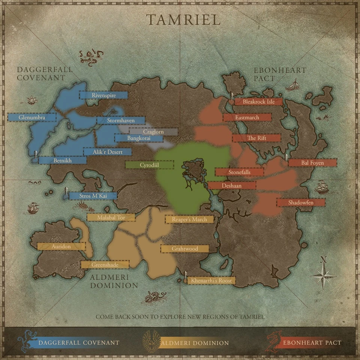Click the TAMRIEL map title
[183, 20]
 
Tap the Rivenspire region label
[103, 95]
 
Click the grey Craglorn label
[153, 132]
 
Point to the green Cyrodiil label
[149, 165]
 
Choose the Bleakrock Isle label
[258, 102]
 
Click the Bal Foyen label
[312, 163]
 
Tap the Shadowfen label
[301, 202]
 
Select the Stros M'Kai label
[93, 196]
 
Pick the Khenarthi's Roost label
[211, 280]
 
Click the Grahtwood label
[184, 249]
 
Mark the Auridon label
[61, 246]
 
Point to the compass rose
[323, 276]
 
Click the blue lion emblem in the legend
[27, 342]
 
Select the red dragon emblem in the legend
[274, 342]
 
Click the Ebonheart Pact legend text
[312, 342]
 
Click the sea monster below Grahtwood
[154, 298]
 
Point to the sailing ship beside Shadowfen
[322, 187]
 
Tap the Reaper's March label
[189, 219]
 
